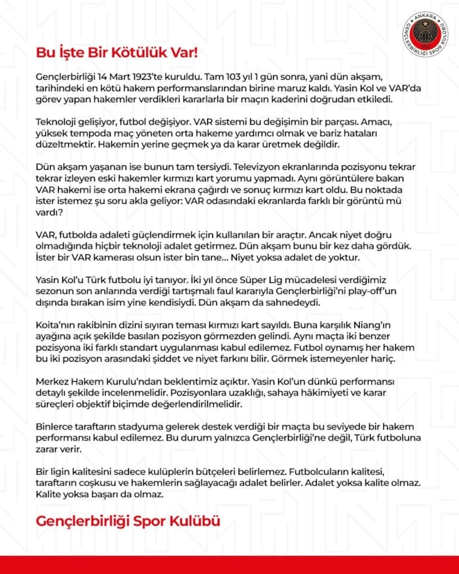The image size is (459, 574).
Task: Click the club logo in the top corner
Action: pos(425,34)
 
